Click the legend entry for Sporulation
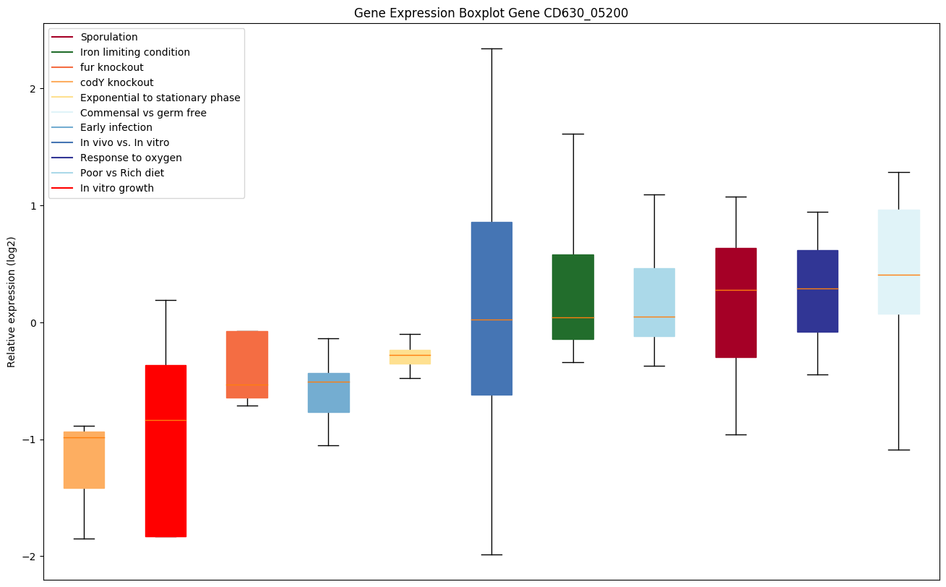click(x=109, y=37)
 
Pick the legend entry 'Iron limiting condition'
click(x=135, y=52)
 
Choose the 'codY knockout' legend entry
click(x=117, y=82)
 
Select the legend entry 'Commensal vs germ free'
click(x=143, y=113)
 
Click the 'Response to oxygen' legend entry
click(x=131, y=158)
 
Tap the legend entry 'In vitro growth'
click(x=117, y=188)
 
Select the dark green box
click(x=573, y=296)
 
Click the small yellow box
click(x=410, y=356)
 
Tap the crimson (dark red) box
click(x=736, y=302)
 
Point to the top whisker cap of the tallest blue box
click(x=491, y=48)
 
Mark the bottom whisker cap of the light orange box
click(x=84, y=539)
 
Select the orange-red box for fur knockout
click(x=247, y=364)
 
